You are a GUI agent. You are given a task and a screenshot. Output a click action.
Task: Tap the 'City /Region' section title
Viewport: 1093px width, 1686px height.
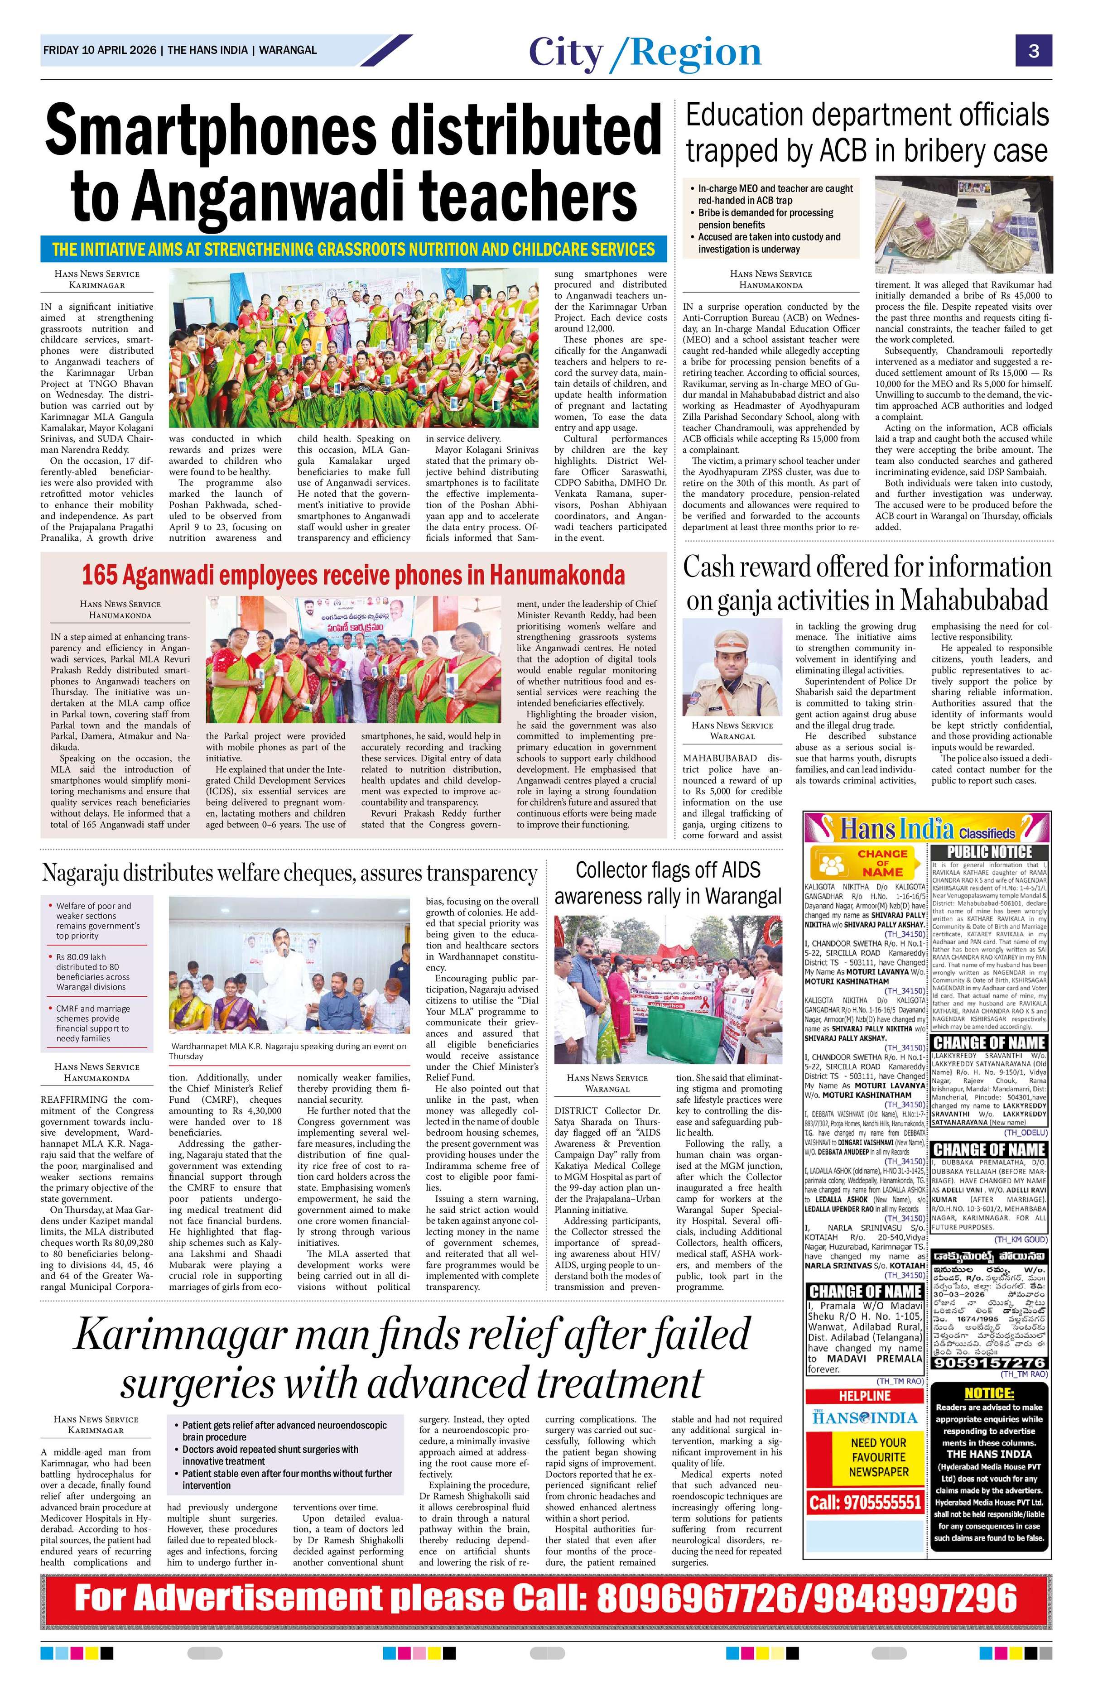click(645, 53)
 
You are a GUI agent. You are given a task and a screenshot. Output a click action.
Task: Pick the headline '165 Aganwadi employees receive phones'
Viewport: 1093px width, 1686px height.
click(353, 575)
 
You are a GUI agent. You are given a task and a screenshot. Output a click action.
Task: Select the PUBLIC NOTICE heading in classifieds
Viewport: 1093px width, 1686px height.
click(989, 852)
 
